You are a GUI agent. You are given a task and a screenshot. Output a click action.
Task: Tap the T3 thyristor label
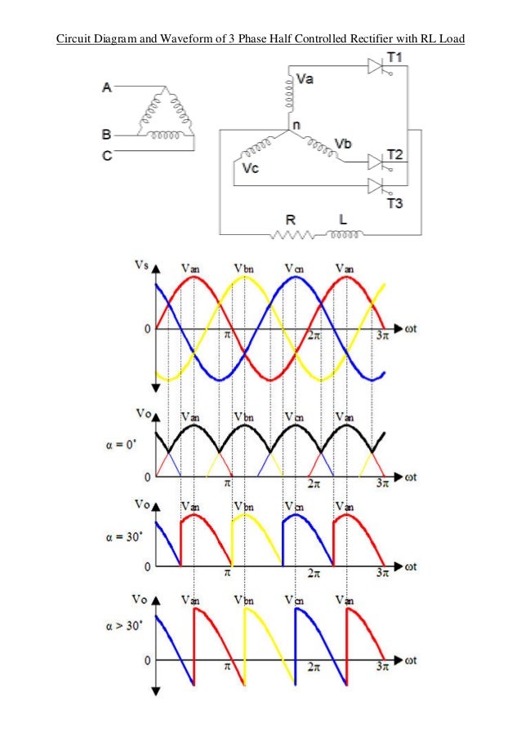pos(394,202)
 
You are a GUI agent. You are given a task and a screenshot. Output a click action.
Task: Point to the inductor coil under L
pos(345,235)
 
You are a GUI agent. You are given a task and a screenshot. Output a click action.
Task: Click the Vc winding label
pos(250,168)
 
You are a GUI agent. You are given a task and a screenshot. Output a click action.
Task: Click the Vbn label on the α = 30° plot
pos(243,506)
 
